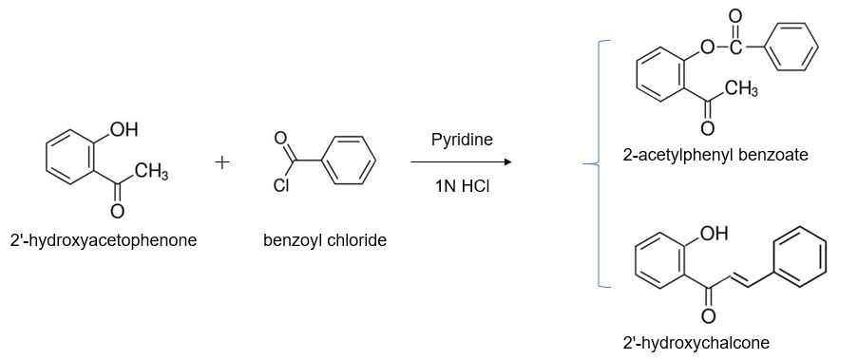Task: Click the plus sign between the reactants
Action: click(222, 162)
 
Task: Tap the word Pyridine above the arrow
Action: click(462, 140)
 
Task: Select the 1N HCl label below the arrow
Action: click(462, 185)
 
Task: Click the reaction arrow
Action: click(462, 162)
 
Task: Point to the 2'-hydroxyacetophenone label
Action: click(104, 240)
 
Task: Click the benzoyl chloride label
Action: click(325, 240)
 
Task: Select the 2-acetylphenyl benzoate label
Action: click(715, 154)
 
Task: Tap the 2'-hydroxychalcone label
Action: click(696, 342)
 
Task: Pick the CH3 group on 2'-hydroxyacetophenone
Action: click(151, 172)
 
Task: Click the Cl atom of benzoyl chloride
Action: click(280, 186)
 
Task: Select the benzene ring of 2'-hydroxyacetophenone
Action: click(70, 157)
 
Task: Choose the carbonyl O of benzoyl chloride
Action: click(280, 140)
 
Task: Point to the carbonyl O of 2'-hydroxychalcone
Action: click(707, 314)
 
